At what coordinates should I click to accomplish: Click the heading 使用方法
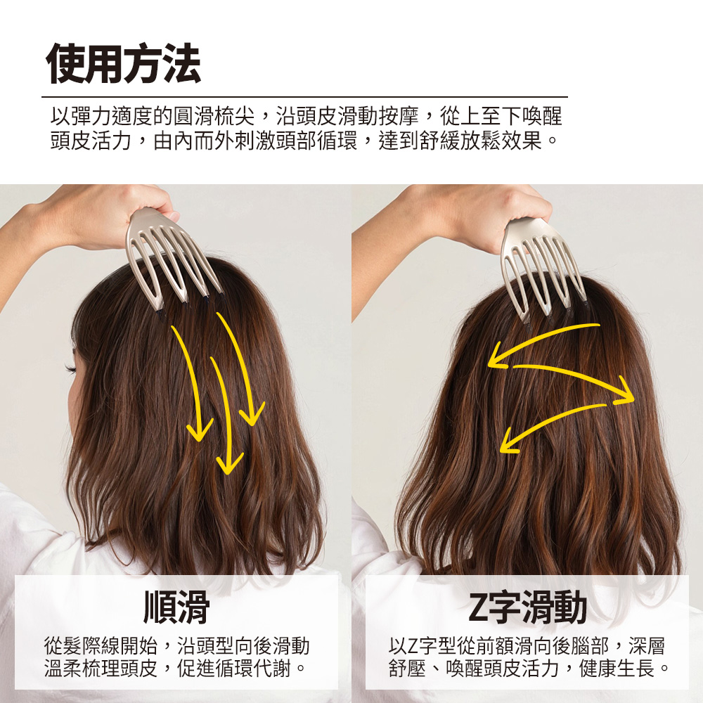[x=123, y=63]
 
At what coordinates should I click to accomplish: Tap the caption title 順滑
[x=176, y=607]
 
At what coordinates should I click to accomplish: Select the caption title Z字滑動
[x=527, y=607]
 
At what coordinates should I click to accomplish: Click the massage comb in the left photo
[x=173, y=260]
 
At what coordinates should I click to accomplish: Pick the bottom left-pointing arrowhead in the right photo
[x=509, y=441]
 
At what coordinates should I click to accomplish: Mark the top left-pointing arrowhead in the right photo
[x=497, y=357]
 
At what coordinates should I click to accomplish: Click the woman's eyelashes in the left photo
[x=71, y=368]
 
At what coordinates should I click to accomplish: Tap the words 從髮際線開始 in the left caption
[x=101, y=645]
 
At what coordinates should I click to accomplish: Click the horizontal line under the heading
[x=305, y=96]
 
